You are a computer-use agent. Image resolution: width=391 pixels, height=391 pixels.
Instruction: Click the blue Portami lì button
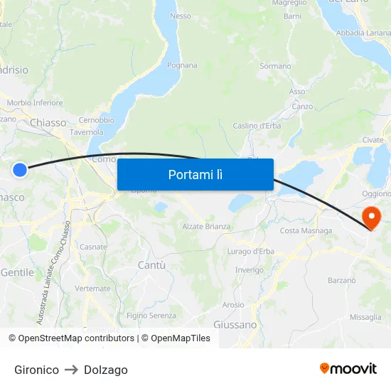click(195, 174)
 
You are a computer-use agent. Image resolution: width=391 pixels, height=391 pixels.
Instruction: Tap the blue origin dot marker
click(20, 169)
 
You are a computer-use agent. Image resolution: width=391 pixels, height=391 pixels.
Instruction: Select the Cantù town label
click(151, 265)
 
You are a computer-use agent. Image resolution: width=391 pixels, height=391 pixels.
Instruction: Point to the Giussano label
click(235, 324)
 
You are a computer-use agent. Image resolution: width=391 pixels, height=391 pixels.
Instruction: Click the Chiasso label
click(48, 122)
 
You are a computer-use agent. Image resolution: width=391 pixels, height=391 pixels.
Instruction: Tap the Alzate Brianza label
click(206, 227)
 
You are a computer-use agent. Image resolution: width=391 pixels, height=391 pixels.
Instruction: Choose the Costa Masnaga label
click(306, 230)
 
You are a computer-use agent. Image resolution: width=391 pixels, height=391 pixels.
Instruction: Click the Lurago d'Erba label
click(250, 252)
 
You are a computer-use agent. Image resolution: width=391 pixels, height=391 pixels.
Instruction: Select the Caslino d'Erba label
click(257, 126)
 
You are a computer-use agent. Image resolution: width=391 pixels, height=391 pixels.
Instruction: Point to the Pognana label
click(182, 65)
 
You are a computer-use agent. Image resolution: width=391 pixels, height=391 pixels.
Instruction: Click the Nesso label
click(181, 16)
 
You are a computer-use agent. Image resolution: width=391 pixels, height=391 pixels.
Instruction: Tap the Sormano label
click(275, 66)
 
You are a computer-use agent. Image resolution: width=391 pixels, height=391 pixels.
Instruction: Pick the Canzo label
click(302, 107)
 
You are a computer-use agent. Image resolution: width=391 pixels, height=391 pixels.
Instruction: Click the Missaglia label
click(365, 317)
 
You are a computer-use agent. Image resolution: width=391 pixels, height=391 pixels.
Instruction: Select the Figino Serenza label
click(151, 316)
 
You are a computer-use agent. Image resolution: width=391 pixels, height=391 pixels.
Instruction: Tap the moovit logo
click(348, 368)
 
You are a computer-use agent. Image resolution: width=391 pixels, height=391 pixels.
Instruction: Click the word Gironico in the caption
click(36, 370)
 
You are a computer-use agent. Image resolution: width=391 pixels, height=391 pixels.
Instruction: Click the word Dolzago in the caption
click(106, 370)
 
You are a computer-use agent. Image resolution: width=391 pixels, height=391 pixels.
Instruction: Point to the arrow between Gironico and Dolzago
click(71, 370)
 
